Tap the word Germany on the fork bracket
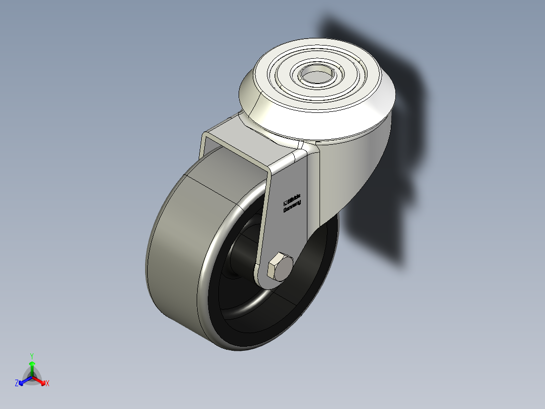[292, 206]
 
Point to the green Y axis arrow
[32, 366]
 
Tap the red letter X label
[48, 384]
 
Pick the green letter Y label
[32, 356]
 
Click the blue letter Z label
[17, 383]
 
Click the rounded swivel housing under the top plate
[354, 167]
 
